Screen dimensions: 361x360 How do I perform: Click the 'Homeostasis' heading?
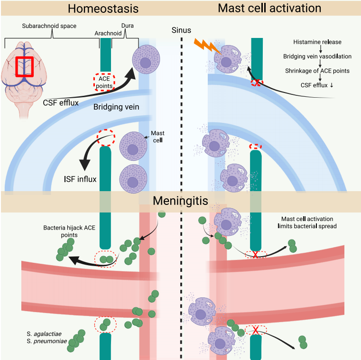pos(103,9)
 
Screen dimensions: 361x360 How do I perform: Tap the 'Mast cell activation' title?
pos(269,8)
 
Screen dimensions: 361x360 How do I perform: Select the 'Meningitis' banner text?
pos(180,201)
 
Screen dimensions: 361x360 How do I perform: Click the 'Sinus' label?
pos(181,30)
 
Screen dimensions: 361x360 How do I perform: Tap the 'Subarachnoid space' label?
pos(49,26)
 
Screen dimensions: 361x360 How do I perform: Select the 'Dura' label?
pos(128,26)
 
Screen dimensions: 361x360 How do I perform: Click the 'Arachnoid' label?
pos(108,33)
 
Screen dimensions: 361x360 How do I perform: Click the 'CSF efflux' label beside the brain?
pos(61,102)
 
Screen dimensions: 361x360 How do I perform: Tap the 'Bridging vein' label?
pos(116,107)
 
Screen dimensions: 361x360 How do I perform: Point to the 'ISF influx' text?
pos(80,179)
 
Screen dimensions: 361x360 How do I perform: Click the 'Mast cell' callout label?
pos(157,137)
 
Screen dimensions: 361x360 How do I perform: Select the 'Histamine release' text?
pos(317,42)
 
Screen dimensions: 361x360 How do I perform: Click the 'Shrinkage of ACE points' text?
pos(317,71)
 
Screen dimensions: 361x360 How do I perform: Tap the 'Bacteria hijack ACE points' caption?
pos(69,231)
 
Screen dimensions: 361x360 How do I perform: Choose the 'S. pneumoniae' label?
pos(47,341)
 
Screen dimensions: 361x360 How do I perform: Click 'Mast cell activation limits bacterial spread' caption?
pos(307,222)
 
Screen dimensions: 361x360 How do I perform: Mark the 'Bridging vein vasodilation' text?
pos(317,56)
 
